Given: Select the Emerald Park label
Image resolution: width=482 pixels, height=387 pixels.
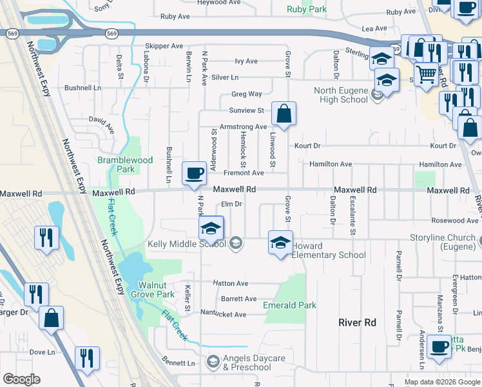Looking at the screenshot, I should [x=289, y=305].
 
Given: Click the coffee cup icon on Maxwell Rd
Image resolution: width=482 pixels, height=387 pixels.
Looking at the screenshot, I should [x=195, y=174].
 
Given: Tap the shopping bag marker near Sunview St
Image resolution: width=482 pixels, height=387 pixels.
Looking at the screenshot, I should [x=284, y=115].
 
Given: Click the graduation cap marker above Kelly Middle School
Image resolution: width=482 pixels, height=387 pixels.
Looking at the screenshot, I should [x=211, y=228].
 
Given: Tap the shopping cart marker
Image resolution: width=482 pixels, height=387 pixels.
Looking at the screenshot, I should [x=426, y=75].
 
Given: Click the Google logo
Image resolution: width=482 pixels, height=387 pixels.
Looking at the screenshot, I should [x=22, y=379].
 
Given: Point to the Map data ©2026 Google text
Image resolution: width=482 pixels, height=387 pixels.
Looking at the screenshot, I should [x=442, y=382].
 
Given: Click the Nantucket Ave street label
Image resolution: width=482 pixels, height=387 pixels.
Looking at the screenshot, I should [x=222, y=314].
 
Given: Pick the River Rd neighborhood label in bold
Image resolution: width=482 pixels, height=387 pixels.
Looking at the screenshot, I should [x=358, y=321].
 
